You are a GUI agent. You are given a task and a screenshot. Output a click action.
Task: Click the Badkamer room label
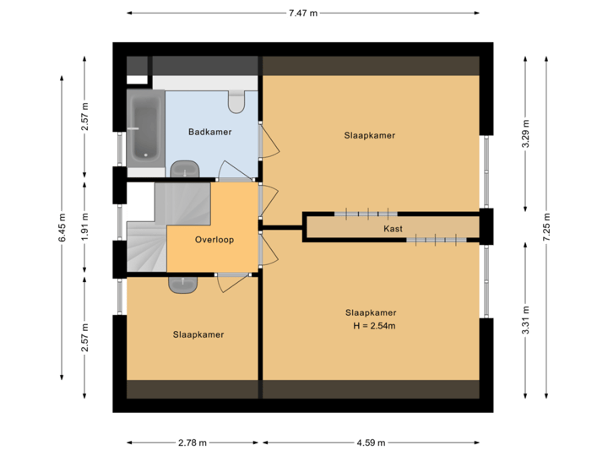pos(209,133)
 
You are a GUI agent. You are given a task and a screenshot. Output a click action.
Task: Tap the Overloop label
pos(214,240)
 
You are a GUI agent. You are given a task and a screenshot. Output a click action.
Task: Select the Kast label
pos(393,229)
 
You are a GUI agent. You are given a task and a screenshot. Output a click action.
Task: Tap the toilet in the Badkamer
pos(236,101)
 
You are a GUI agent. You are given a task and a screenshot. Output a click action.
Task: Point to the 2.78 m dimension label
pos(192,442)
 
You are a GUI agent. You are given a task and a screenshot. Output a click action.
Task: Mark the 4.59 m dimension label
pos(371,442)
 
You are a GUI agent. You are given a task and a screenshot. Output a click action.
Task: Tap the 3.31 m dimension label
pos(525,321)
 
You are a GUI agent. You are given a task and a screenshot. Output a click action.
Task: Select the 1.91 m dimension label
pos(84,227)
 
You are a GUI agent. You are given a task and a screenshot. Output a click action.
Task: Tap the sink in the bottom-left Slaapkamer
pos(183,284)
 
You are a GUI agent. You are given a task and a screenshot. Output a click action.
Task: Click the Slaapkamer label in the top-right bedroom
pos(370,135)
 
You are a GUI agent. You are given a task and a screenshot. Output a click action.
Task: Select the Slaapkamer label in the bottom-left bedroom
pos(198,334)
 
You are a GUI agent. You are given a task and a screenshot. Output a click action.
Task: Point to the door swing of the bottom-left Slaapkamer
pos(232,284)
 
